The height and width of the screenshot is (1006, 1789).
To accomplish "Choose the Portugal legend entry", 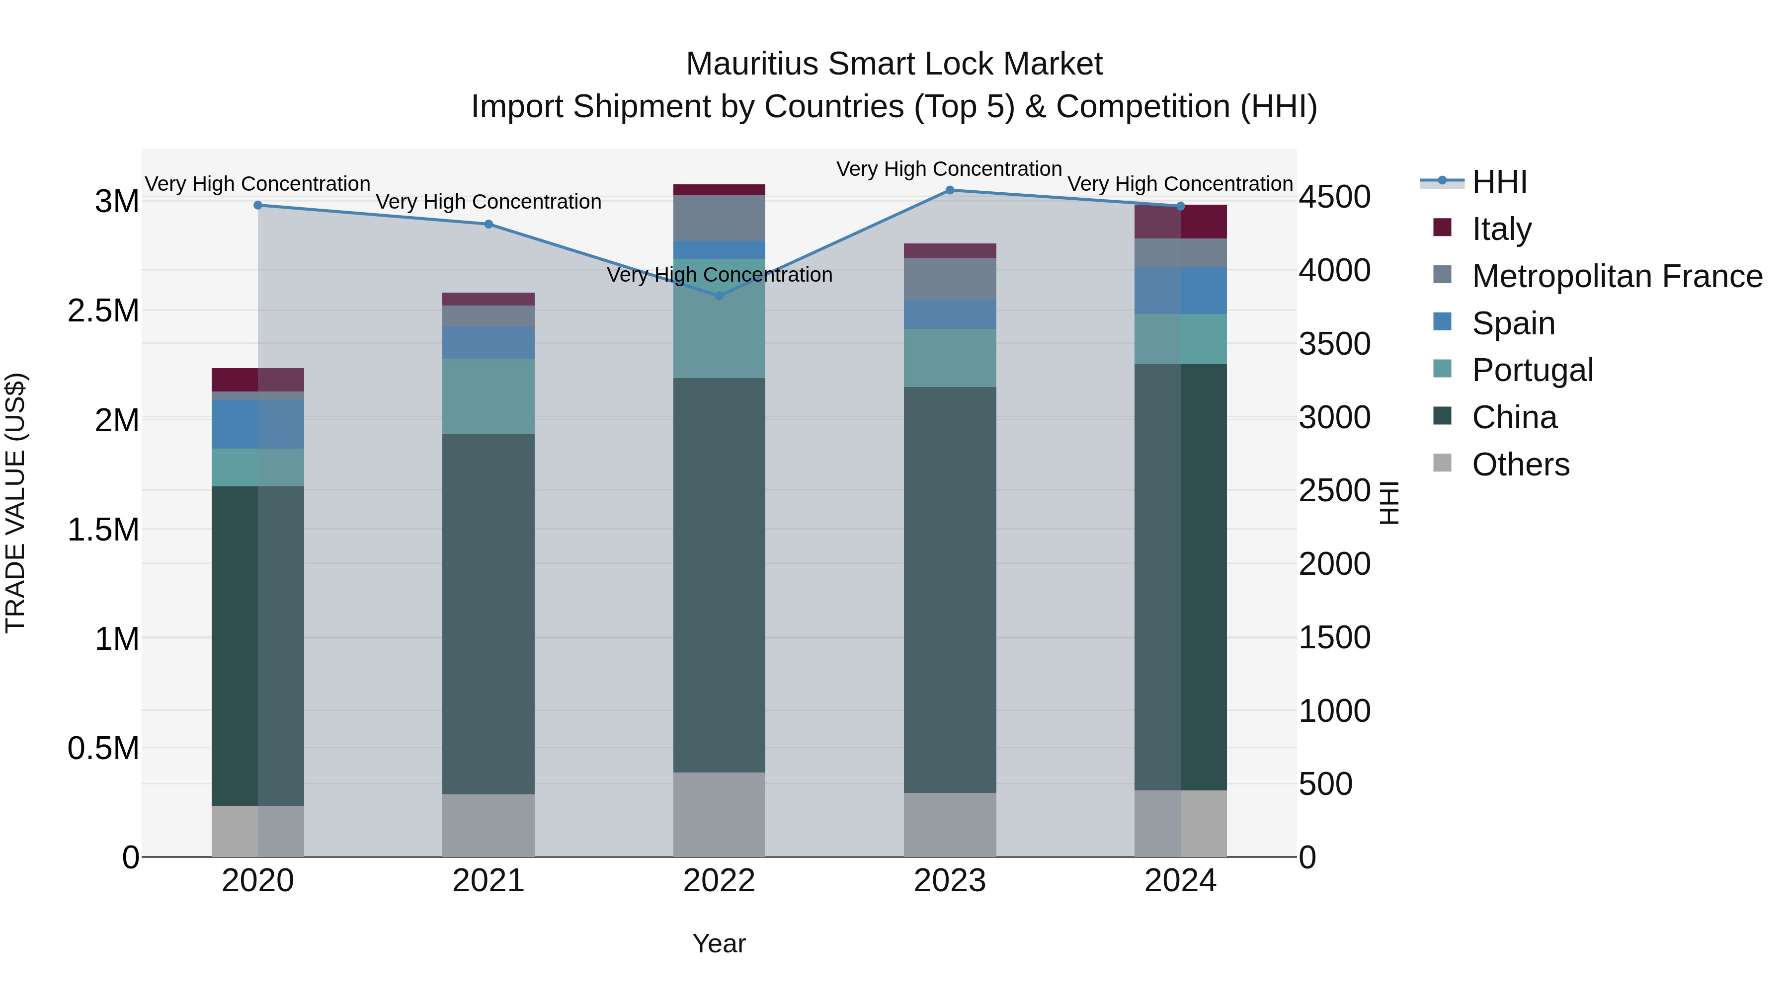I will click(1532, 370).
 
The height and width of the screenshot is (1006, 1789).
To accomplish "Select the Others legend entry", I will click(1520, 464).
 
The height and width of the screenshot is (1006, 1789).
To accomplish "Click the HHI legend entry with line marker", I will click(1499, 182).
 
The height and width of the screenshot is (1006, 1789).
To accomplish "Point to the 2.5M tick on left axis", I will click(103, 311).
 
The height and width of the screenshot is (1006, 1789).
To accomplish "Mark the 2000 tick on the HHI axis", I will click(1335, 564).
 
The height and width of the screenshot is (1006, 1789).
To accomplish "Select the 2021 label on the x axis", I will click(488, 881).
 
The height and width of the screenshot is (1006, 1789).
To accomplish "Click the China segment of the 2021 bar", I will click(488, 615).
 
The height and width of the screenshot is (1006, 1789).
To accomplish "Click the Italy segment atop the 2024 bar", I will click(1181, 222).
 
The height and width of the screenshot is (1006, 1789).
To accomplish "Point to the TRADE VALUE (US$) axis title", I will click(15, 503).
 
